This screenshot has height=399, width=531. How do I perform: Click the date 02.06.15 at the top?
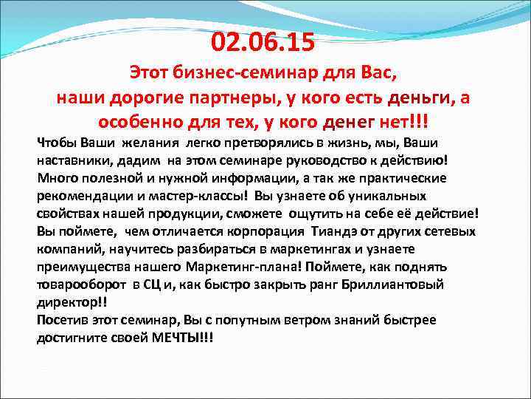pyautogui.click(x=263, y=43)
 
